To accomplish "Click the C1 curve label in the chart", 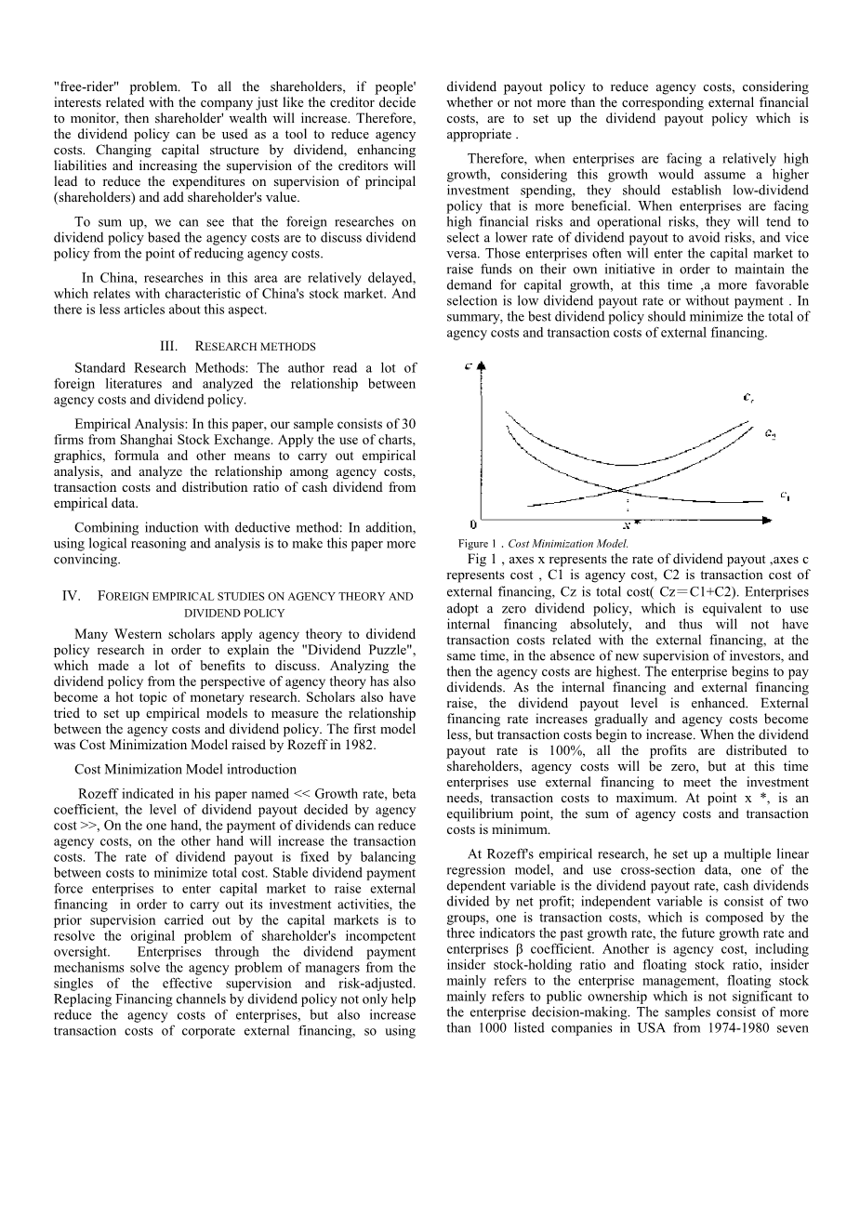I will coord(786,496).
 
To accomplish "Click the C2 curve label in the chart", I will coord(770,433).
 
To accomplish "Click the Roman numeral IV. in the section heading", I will coord(71,596).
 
